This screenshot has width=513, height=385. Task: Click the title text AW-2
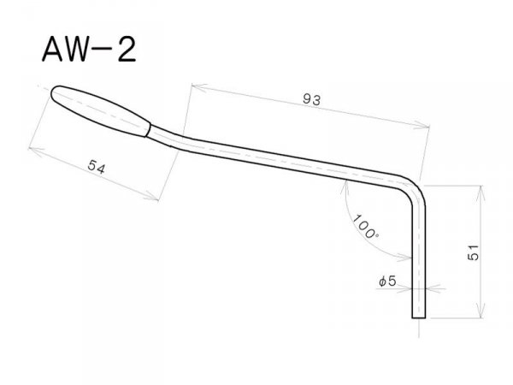coord(86,49)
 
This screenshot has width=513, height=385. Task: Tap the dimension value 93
coord(310,99)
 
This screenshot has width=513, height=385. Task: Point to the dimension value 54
coord(96,168)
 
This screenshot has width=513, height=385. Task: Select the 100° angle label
coord(366,225)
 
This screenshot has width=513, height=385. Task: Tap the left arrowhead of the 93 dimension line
coord(193,86)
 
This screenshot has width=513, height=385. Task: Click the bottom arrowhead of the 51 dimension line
coord(483,313)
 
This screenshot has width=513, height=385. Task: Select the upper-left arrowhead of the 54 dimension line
coord(32,147)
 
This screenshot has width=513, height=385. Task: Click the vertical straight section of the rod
coord(418,257)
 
